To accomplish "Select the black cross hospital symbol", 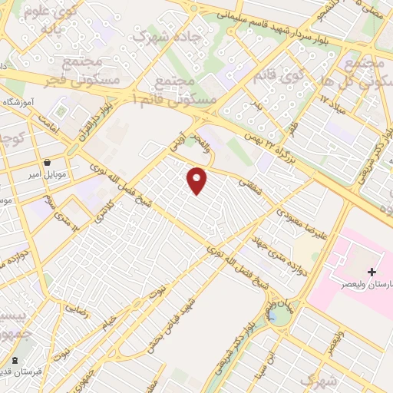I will pyautogui.click(x=372, y=272).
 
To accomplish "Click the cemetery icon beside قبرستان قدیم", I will pyautogui.click(x=15, y=360).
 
